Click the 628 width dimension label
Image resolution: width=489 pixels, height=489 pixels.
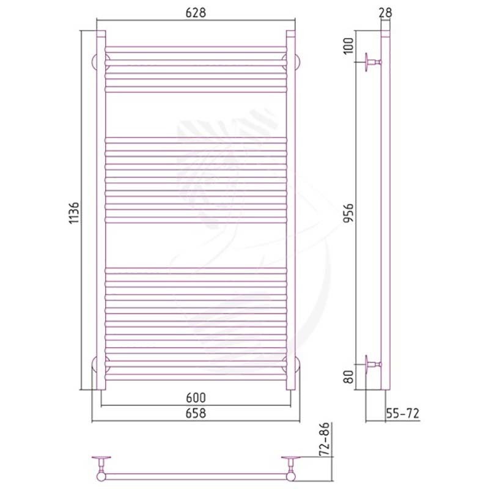(196, 13)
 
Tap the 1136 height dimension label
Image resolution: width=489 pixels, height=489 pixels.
(74, 213)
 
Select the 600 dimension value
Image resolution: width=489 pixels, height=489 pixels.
(196, 398)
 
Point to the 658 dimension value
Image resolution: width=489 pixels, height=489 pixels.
(196, 413)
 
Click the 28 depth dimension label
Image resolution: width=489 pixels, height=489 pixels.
(386, 13)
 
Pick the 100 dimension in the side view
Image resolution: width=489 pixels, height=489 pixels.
(348, 45)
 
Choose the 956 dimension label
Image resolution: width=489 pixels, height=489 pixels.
(348, 213)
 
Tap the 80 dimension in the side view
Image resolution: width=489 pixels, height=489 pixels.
(348, 377)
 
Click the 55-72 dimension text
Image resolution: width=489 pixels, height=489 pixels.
(403, 413)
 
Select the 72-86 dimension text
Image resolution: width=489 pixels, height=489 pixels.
(325, 439)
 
